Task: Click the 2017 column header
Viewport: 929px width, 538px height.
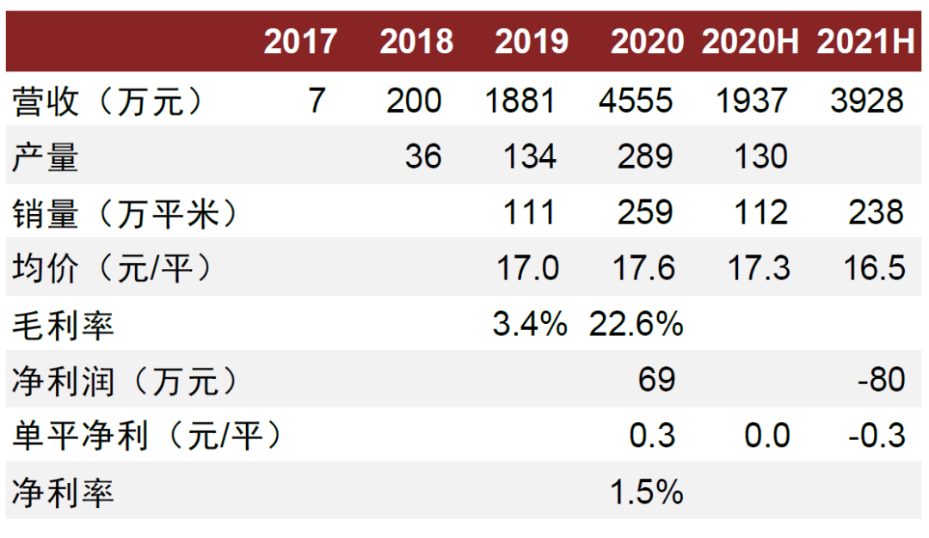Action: [x=300, y=42]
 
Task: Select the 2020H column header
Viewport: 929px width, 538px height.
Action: [x=751, y=42]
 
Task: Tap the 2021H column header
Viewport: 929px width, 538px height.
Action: [x=866, y=42]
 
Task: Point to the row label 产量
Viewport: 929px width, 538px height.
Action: [x=46, y=156]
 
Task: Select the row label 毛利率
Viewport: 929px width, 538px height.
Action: [x=63, y=324]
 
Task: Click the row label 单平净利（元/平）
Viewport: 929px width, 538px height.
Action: [x=147, y=436]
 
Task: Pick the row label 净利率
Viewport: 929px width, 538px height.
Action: [x=63, y=492]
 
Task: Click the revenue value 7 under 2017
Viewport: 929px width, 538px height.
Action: [x=317, y=101]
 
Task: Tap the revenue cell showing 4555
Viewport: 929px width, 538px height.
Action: [x=636, y=101]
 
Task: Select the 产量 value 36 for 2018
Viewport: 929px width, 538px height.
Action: [x=422, y=156]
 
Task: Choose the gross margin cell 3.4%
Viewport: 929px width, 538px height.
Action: [x=529, y=324]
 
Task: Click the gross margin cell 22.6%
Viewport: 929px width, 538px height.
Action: [x=637, y=324]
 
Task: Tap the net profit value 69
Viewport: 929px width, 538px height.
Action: [x=656, y=380]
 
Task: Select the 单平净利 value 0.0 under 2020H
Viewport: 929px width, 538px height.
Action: [x=767, y=436]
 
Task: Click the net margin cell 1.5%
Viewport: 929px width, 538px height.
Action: [x=647, y=492]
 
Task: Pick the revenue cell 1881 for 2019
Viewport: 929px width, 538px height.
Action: [x=520, y=101]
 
